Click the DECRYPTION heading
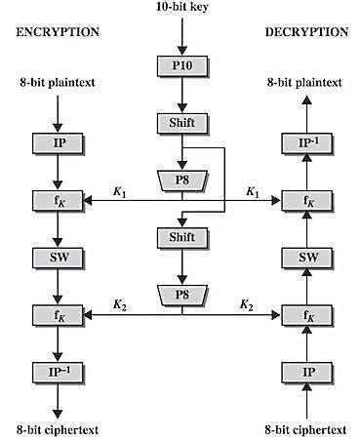306,31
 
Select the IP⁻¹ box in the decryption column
304,143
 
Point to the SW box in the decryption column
304,257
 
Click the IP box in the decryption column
304,372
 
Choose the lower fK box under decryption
304,314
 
